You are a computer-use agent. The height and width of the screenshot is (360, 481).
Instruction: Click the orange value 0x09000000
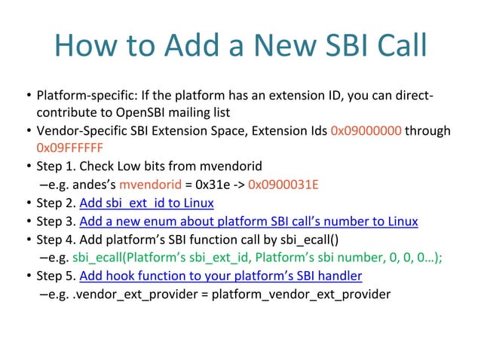tap(366, 131)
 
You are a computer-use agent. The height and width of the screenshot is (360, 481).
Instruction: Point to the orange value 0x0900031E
tap(283, 185)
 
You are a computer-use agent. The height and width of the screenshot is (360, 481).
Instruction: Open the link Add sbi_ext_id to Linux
tap(146, 203)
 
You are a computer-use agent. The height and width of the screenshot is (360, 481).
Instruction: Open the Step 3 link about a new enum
tap(248, 221)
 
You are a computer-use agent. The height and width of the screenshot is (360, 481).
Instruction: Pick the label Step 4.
tap(56, 239)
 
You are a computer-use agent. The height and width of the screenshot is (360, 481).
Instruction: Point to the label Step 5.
tap(56, 276)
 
